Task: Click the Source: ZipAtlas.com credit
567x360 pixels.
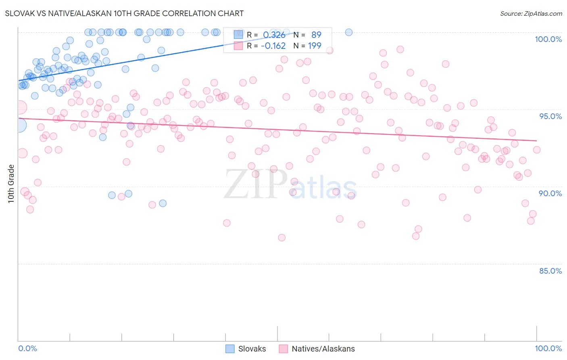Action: click(x=531, y=13)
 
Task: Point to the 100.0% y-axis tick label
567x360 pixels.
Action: click(x=548, y=39)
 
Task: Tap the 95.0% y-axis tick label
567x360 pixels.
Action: click(x=550, y=116)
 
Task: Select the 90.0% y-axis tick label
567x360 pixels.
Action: click(x=550, y=193)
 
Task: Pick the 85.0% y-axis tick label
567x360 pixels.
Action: click(x=550, y=271)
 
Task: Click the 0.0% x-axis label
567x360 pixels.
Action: click(x=28, y=348)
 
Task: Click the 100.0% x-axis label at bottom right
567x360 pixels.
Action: click(x=548, y=348)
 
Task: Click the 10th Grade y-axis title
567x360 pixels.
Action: click(x=11, y=184)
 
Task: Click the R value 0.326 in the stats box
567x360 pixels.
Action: click(x=274, y=35)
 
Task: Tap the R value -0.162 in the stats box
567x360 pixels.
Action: click(x=273, y=46)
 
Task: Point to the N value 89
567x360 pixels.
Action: click(x=316, y=35)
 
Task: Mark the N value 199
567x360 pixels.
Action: click(x=315, y=46)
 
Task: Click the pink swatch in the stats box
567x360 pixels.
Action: click(x=238, y=46)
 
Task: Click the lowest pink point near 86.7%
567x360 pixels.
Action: click(x=281, y=238)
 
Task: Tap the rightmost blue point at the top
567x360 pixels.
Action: click(x=348, y=32)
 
